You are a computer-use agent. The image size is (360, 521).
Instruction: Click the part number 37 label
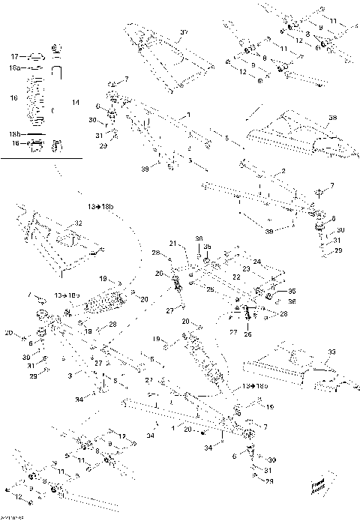[181, 33]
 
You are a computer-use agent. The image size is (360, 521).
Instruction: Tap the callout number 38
[334, 117]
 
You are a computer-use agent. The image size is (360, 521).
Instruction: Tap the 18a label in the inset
[15, 67]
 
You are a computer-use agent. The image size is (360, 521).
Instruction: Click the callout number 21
[172, 244]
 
